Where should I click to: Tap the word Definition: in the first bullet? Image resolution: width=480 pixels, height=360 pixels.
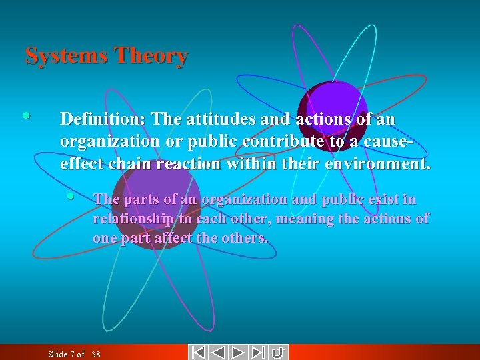click(103, 119)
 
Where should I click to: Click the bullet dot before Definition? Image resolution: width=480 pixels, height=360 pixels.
click(25, 115)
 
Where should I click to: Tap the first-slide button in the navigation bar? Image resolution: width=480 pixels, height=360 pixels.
click(197, 352)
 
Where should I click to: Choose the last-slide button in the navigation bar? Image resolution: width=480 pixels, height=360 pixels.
click(259, 352)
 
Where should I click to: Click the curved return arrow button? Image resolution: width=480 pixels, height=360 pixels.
click(279, 352)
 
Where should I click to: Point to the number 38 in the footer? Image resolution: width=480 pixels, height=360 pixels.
click(95, 354)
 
